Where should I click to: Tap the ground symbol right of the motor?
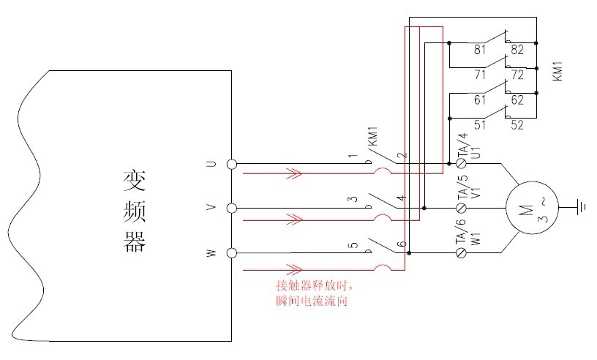pos(582,208)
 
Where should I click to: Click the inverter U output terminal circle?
pos(232,164)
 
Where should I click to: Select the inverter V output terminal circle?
pos(232,209)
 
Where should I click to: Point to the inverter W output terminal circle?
pos(232,253)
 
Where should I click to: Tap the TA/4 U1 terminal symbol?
pos(461,163)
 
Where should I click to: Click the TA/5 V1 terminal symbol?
pos(461,209)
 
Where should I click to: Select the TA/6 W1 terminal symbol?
pos(461,253)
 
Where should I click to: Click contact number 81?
pos(481,50)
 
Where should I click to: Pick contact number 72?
pos(517,75)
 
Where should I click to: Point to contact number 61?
pos(481,100)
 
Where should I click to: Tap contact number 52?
pos(517,125)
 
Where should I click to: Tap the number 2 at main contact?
pos(401,157)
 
